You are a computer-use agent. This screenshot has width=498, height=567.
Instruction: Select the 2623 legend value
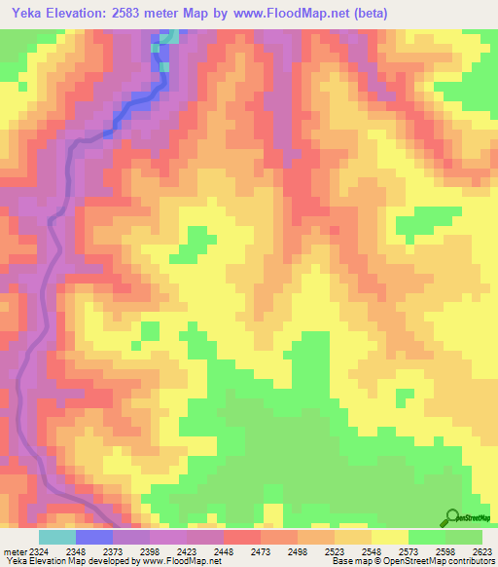coord(482,552)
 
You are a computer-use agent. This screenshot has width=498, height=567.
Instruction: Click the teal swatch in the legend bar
coord(57,537)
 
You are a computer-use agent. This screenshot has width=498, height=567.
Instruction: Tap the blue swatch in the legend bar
coord(94,537)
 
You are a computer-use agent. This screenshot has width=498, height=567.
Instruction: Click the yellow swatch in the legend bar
coord(390,537)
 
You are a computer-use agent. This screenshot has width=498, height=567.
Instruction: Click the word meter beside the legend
coord(12,552)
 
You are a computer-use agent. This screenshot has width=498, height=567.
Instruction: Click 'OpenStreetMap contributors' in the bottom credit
coord(446,562)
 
